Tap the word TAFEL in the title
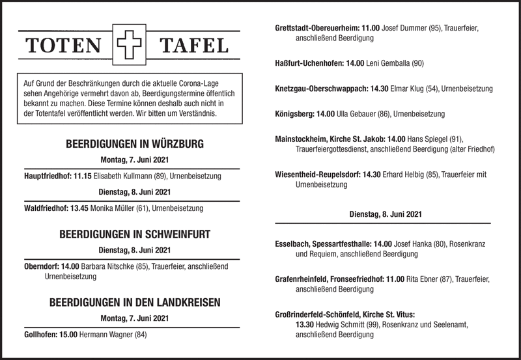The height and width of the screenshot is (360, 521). click(194, 46)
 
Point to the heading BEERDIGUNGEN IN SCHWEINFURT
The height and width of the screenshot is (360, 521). click(135, 234)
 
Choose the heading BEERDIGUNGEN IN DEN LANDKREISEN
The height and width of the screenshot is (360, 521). click(135, 302)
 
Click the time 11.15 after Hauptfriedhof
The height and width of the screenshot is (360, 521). click(83, 176)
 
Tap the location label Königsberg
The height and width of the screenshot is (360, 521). click(295, 114)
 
